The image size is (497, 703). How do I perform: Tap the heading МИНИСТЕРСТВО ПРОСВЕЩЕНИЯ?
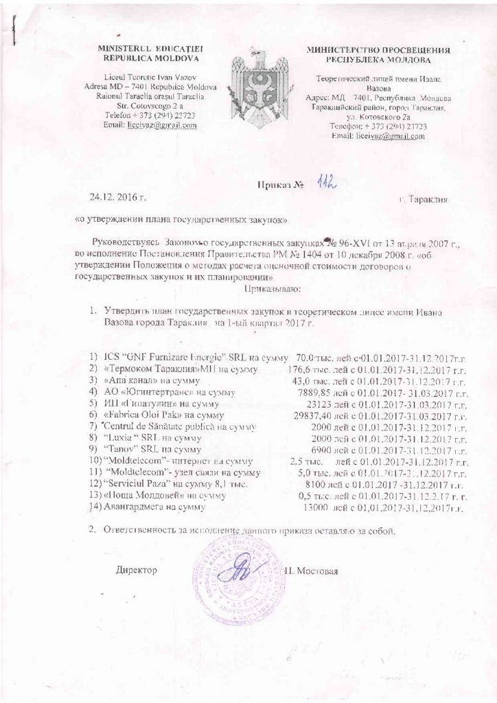point(378,51)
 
